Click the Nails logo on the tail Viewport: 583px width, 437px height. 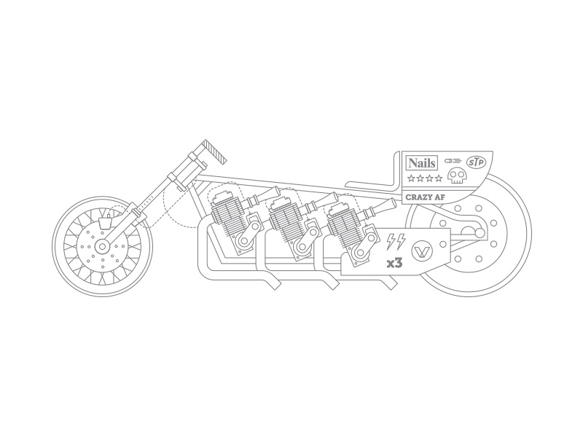(422, 162)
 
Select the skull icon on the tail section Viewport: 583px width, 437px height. (457, 176)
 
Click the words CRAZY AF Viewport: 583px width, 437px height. (425, 197)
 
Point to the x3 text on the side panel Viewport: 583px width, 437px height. (395, 263)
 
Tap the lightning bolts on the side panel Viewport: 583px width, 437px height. (396, 242)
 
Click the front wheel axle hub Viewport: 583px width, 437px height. (101, 246)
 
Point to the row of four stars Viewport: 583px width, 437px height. (425, 178)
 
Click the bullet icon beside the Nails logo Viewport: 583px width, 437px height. (452, 160)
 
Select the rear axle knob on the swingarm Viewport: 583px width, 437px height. (480, 233)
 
